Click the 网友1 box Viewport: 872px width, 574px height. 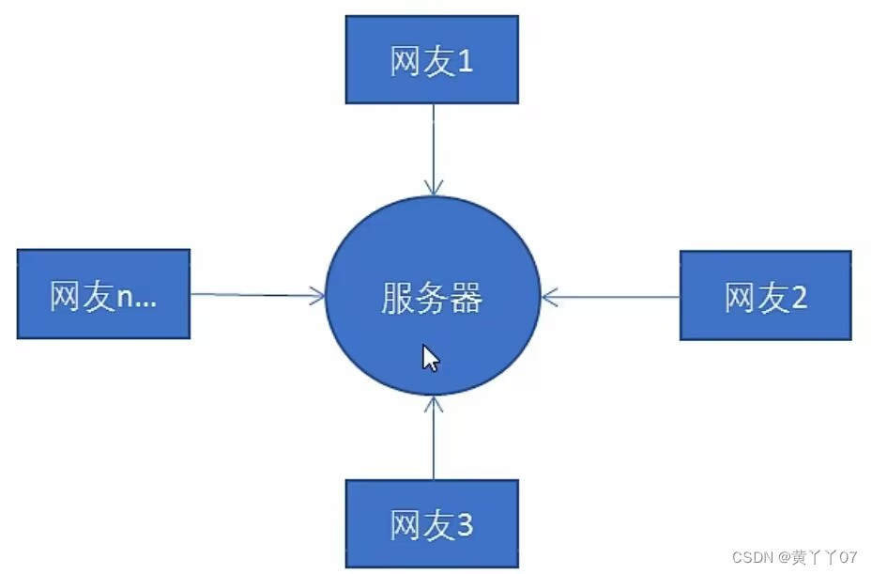click(x=432, y=59)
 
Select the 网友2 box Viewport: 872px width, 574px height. click(x=765, y=295)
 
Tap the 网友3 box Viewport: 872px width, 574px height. click(x=432, y=523)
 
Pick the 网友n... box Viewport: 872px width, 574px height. click(x=103, y=294)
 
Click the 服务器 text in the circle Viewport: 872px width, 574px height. click(x=432, y=299)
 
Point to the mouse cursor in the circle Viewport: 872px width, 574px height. click(x=430, y=358)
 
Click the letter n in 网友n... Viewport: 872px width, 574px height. click(x=127, y=298)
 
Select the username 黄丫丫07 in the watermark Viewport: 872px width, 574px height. click(x=825, y=557)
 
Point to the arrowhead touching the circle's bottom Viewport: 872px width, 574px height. click(x=433, y=405)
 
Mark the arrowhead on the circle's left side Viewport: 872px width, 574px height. click(x=316, y=297)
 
